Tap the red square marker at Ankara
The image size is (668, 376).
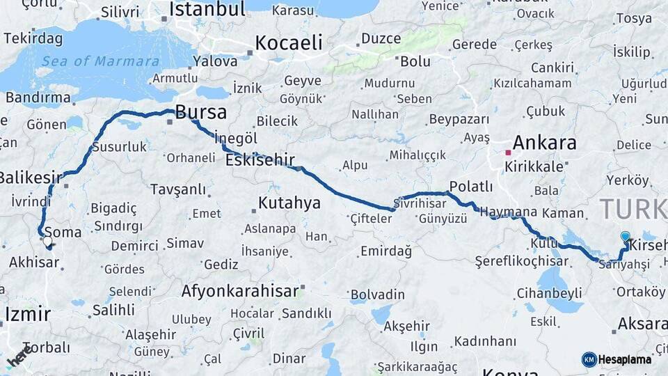(509, 152)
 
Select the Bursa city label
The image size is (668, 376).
(200, 112)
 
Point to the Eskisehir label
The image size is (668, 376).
(260, 160)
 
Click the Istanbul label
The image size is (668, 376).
(207, 9)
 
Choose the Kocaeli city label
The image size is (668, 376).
(289, 42)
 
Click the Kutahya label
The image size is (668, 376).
(289, 203)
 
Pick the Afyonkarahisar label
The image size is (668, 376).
(239, 290)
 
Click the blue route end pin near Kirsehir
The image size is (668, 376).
(625, 237)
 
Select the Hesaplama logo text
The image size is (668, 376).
(624, 359)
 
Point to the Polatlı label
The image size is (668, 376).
(471, 187)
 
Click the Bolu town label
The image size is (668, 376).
(415, 61)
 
